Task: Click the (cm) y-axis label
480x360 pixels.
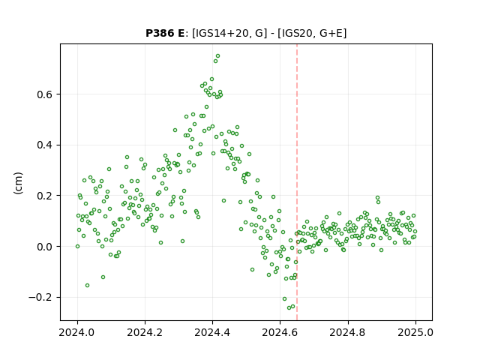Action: pos(18,183)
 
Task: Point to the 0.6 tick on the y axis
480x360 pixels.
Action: pos(45,94)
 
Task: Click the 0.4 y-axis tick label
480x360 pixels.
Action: pos(45,145)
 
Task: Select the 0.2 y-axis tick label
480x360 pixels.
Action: pos(45,196)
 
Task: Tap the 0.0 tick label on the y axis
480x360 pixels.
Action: pos(45,247)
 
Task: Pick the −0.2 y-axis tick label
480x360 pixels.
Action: pos(40,297)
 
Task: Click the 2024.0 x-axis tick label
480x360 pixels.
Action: pos(77,332)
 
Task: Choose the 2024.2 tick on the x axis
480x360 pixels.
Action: pos(145,332)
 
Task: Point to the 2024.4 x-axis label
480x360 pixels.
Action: pos(212,332)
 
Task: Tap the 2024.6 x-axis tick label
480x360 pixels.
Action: pos(280,332)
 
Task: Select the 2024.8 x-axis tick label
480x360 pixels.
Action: pos(348,332)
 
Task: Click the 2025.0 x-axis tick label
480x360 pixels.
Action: pos(415,332)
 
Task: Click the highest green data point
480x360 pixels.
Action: pos(218,56)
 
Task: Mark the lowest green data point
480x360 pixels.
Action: pos(289,307)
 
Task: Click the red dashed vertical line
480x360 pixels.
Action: pos(297,182)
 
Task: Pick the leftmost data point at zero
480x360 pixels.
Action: pos(77,247)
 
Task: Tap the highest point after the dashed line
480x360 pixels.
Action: pos(377,198)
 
